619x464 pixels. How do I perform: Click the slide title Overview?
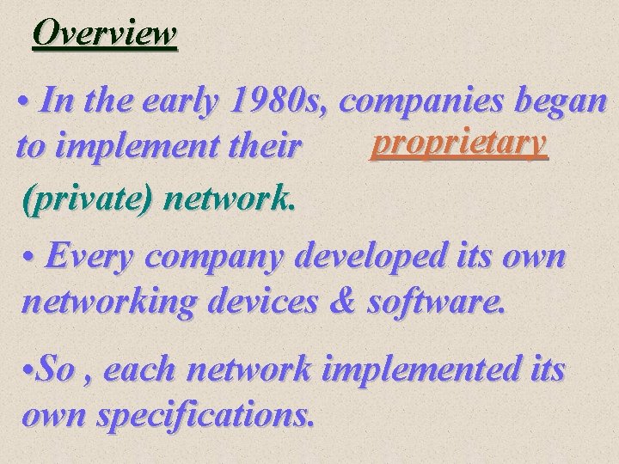click(x=104, y=34)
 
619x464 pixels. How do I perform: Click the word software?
click(x=445, y=302)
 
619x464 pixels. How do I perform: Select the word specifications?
click(x=205, y=416)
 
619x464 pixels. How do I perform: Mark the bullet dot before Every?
click(x=31, y=256)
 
